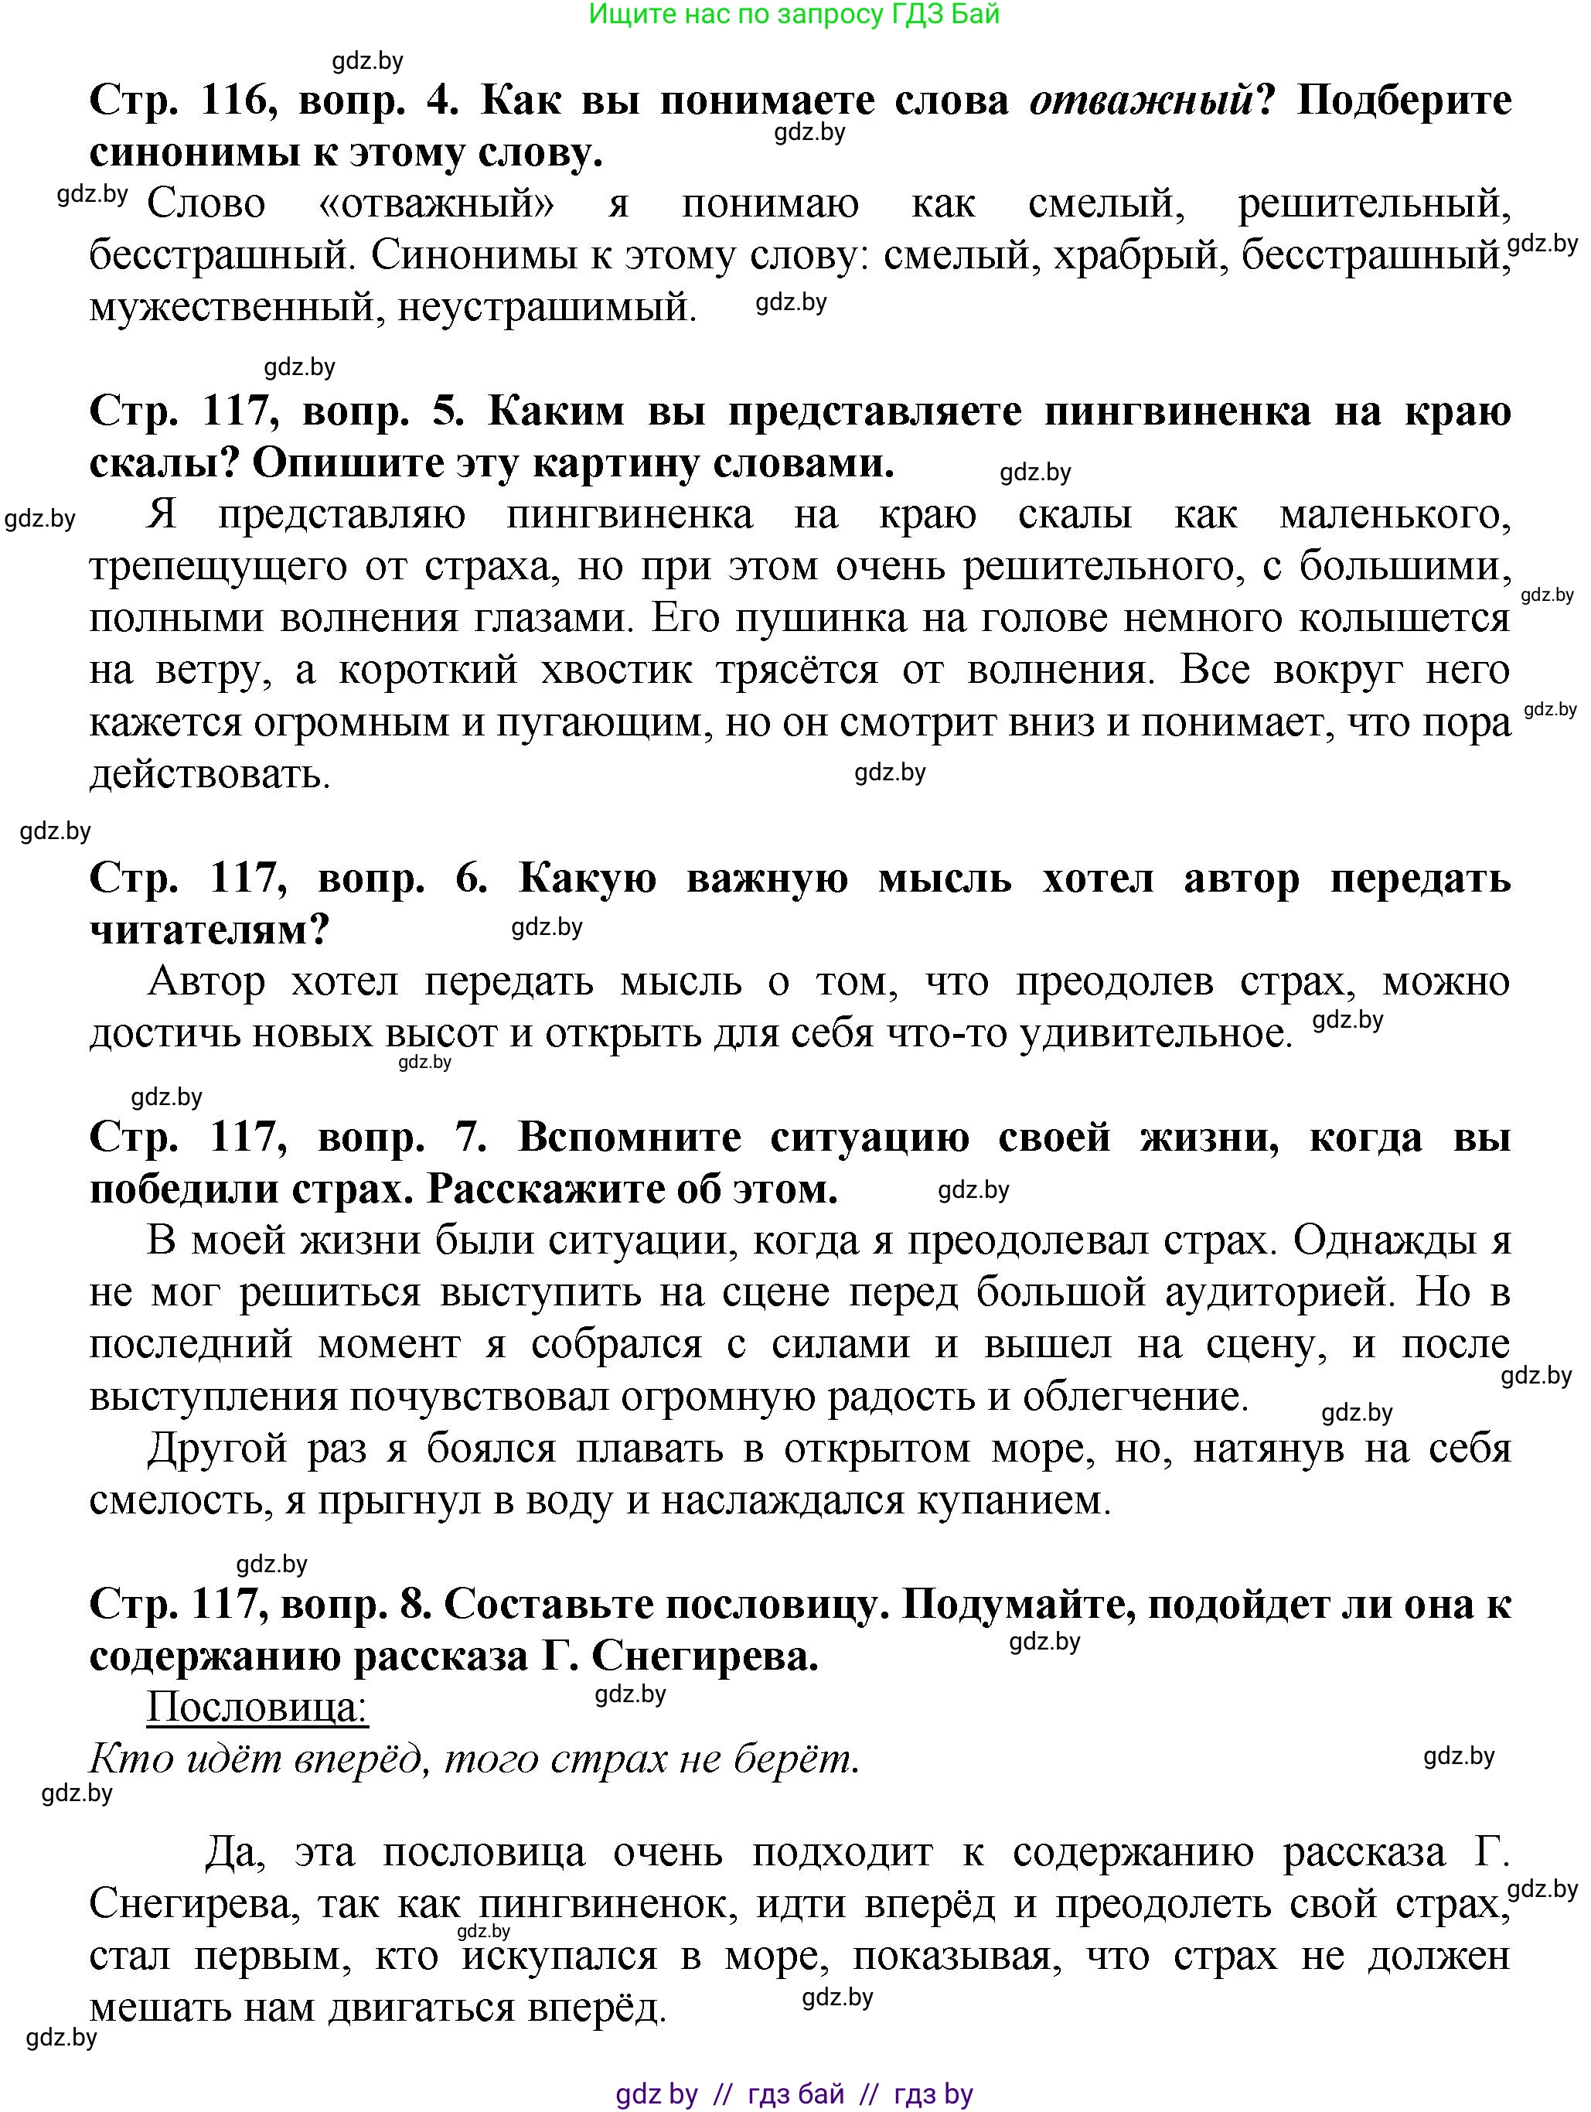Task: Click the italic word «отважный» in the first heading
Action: click(x=1140, y=101)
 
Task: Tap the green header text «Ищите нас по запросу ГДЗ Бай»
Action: click(x=794, y=15)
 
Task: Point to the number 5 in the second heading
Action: click(x=447, y=411)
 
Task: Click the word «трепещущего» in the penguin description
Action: click(x=216, y=567)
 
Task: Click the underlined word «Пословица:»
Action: click(x=257, y=1708)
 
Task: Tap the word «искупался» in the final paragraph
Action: click(x=560, y=1957)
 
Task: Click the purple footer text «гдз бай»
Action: click(x=796, y=2094)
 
